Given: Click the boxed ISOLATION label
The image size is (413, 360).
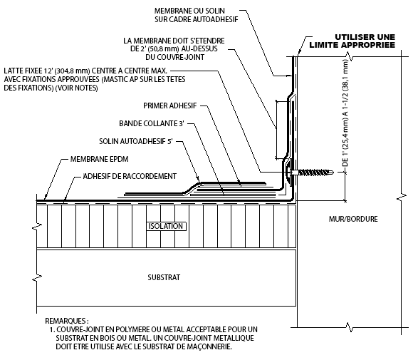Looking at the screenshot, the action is (x=166, y=226).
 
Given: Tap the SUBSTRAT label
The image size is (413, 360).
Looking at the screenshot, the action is (x=164, y=277).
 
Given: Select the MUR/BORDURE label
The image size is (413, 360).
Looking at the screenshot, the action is (x=353, y=219).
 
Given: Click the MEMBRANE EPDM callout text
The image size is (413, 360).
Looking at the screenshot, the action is (x=99, y=159).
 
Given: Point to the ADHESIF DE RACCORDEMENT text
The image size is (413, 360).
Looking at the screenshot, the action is (x=130, y=176).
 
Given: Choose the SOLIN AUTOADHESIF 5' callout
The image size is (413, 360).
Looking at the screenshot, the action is (x=136, y=141).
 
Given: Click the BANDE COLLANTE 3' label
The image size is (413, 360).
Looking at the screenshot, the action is (x=152, y=123).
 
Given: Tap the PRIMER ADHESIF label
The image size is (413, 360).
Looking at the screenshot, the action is (x=170, y=106).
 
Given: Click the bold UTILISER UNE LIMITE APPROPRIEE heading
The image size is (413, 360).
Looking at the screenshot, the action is (x=352, y=41).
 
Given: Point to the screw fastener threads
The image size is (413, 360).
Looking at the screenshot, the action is (x=315, y=173).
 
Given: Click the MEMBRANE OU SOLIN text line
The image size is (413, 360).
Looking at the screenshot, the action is (x=189, y=11).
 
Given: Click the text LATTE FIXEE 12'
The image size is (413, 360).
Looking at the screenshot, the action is (x=28, y=71).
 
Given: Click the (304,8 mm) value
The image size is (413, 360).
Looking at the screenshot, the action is (x=73, y=71).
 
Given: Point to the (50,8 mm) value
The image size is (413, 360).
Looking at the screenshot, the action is (x=162, y=48).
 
